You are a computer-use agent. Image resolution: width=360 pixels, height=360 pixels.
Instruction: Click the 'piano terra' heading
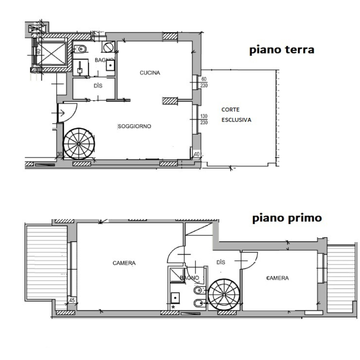(x=282, y=50)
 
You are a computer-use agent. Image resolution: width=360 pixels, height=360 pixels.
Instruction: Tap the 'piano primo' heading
(x=287, y=218)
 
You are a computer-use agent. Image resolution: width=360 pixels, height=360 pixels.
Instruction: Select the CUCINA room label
(x=150, y=73)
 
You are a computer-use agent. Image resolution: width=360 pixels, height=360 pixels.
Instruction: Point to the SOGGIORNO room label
(x=135, y=126)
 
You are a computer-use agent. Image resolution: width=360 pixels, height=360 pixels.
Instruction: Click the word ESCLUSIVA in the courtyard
(x=236, y=120)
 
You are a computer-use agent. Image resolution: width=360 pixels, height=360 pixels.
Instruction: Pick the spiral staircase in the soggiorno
(x=79, y=144)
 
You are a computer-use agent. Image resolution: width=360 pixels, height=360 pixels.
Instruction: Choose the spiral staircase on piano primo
(x=224, y=295)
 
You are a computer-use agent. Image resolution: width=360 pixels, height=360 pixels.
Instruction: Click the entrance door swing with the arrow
(x=67, y=113)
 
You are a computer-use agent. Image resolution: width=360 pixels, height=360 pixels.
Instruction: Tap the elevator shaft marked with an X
(x=50, y=54)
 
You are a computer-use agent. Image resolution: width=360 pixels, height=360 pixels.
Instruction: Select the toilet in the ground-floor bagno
(x=81, y=49)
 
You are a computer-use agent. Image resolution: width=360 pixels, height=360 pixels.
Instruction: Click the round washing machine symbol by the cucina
(x=108, y=47)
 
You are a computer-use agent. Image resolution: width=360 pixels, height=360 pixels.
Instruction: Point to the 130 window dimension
(x=204, y=116)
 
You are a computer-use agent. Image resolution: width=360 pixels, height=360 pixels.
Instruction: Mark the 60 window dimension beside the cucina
(x=204, y=79)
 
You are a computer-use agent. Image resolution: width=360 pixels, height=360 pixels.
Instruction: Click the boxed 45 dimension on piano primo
(x=72, y=300)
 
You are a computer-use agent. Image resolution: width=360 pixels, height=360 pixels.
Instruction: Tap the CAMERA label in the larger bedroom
(x=124, y=263)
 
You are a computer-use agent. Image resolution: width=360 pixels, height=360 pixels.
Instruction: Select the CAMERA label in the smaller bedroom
(x=277, y=278)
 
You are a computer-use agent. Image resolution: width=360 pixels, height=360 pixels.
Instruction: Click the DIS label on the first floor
(x=220, y=262)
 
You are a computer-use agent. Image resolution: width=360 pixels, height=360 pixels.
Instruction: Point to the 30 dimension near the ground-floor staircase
(x=59, y=154)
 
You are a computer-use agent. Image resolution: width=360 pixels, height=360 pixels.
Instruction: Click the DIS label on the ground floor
(x=98, y=86)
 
